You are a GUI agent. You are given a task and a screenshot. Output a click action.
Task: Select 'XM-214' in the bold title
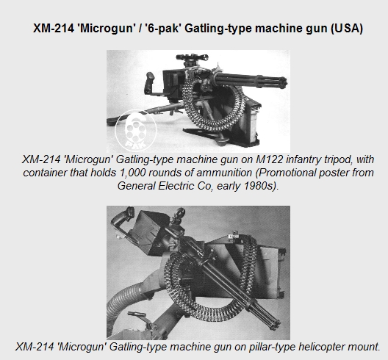point(54,28)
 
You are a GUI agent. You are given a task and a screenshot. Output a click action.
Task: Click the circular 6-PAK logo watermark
point(136,131)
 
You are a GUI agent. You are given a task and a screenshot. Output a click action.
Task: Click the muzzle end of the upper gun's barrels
point(283,81)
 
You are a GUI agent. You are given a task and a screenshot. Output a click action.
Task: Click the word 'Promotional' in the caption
point(283,173)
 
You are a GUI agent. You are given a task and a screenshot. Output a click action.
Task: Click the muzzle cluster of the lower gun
point(274,323)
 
